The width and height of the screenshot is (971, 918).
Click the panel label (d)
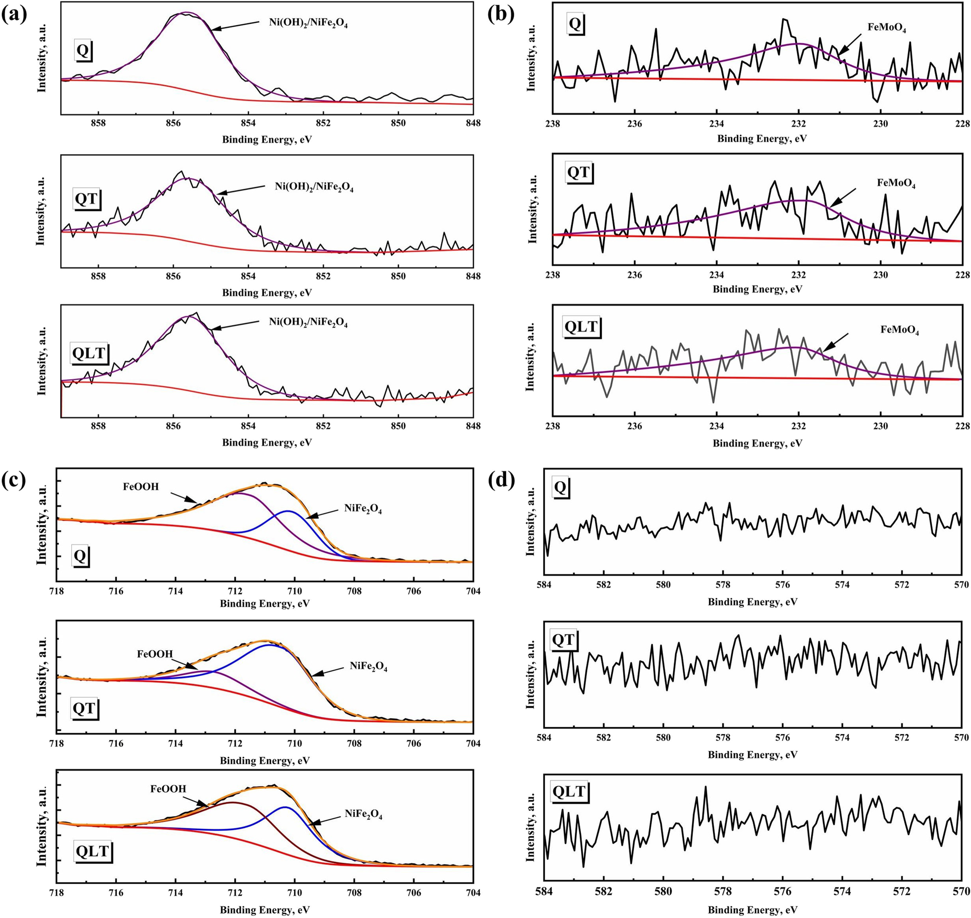click(502, 481)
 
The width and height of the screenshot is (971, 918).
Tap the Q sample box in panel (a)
click(83, 50)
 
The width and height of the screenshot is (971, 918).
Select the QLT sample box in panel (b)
click(581, 326)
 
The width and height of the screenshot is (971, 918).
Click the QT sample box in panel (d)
click(562, 640)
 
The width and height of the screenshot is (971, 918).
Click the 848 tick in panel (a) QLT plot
click(473, 426)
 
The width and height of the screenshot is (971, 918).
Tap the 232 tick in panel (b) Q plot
click(799, 123)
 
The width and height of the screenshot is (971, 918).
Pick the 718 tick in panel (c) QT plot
click(57, 743)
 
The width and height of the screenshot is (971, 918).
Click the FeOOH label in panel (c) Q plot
click(141, 487)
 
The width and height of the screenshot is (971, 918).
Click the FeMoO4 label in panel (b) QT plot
click(896, 183)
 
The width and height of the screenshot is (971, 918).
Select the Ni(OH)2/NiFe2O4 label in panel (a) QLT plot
click(308, 322)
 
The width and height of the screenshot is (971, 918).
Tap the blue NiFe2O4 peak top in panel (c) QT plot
click(269, 645)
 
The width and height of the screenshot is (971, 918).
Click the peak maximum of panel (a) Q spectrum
click(185, 13)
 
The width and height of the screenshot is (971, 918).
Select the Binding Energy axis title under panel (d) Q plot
click(752, 602)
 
